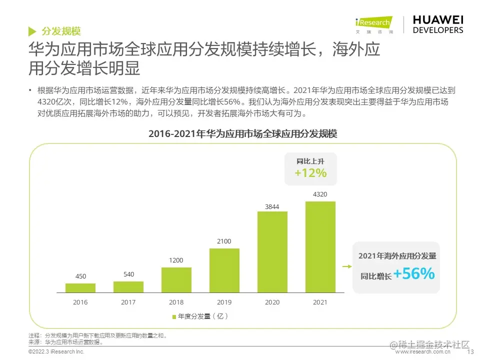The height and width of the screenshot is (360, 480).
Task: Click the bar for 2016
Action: (x=80, y=287)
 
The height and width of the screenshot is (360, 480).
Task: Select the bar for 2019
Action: (x=224, y=270)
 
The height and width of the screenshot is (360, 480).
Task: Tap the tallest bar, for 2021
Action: (x=320, y=246)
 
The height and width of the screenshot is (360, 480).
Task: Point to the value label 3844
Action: (x=272, y=206)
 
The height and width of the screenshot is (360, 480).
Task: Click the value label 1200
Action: (x=176, y=260)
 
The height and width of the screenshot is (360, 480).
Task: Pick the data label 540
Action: (x=128, y=274)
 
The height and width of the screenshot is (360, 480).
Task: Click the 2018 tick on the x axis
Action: (x=176, y=302)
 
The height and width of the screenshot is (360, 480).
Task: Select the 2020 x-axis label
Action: (x=272, y=302)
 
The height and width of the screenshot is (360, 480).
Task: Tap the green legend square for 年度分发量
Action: (x=174, y=316)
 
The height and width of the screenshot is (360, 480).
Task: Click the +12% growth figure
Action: (x=310, y=173)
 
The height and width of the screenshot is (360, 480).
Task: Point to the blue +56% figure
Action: (x=413, y=274)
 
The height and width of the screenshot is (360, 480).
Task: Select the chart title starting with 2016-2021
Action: (x=243, y=134)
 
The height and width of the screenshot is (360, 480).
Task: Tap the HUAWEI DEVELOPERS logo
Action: (x=438, y=24)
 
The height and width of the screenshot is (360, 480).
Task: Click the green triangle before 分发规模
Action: (x=32, y=31)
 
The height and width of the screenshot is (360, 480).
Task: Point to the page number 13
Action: (x=469, y=352)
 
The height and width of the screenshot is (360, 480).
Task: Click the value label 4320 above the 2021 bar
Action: (x=320, y=194)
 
